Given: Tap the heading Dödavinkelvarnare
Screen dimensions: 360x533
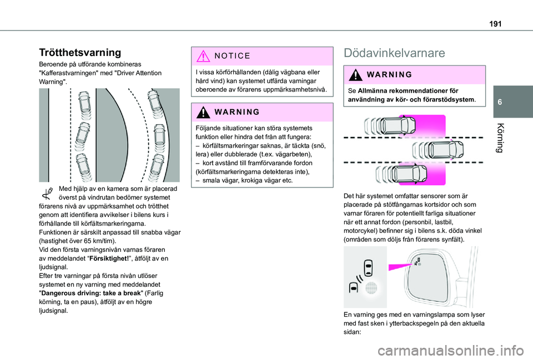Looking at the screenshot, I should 394,53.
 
